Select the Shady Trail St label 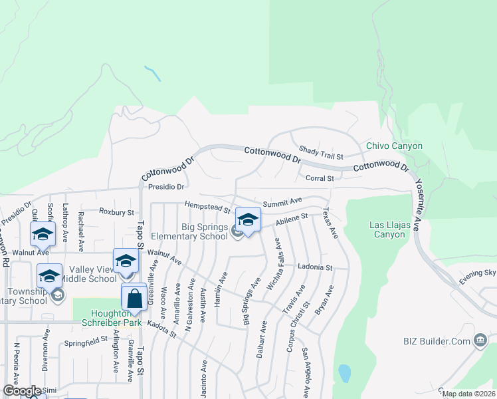[x=321, y=152]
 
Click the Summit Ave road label [x=282, y=200]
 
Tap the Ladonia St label [x=314, y=267]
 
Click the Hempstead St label [x=207, y=207]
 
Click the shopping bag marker [x=134, y=299]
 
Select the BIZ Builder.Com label [x=436, y=341]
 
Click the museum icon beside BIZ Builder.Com [x=479, y=341]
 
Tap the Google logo [x=22, y=391]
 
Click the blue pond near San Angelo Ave [x=344, y=373]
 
